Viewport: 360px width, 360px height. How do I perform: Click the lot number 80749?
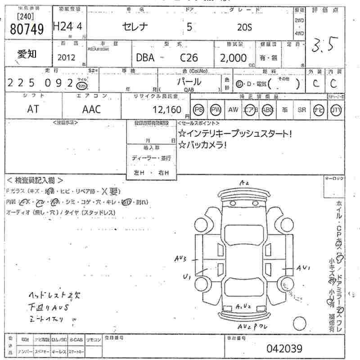coord(27,29)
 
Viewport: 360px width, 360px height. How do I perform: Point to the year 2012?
coord(67,58)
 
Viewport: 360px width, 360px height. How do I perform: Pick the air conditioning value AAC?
coord(91,109)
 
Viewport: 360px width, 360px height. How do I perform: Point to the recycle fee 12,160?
coord(166,109)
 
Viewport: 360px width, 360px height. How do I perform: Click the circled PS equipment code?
coord(198,109)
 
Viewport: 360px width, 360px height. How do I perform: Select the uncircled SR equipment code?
coord(301,109)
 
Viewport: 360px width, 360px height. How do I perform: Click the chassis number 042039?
coord(284,348)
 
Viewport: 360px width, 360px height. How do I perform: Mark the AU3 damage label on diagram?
coord(184,259)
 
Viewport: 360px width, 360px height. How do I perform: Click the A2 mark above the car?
coord(244,183)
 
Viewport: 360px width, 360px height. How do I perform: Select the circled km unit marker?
coord(81,85)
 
